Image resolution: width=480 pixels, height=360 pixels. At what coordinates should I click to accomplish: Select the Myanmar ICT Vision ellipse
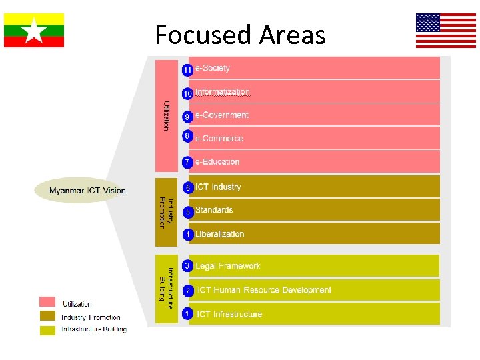pos(87,191)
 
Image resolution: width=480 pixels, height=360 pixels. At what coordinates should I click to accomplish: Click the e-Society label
pos(213,68)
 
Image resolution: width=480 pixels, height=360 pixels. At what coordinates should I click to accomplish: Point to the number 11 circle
pos(188,69)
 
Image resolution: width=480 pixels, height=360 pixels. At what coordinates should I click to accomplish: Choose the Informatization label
pos(223,92)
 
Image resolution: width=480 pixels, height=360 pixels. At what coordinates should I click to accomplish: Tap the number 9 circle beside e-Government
pos(188,117)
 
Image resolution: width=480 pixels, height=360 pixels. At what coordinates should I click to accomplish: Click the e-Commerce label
pos(219,139)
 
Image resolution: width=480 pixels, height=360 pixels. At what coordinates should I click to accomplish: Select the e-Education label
pos(217,162)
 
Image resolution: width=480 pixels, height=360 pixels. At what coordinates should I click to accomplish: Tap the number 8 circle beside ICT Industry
pos(188,188)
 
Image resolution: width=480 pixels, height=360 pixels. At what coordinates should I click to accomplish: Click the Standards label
pos(214,211)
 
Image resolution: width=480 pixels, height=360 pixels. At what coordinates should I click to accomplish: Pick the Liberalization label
pos(220,235)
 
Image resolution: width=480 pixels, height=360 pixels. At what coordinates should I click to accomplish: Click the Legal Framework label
pos(228,267)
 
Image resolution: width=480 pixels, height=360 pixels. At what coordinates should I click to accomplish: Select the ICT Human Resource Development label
pos(264,291)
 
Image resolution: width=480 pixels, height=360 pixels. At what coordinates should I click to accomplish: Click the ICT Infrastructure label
pos(229,315)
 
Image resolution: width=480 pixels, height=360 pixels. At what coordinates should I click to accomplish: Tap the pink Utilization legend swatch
pos(47,302)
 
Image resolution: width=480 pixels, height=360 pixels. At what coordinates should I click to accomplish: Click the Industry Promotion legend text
pos(91,317)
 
